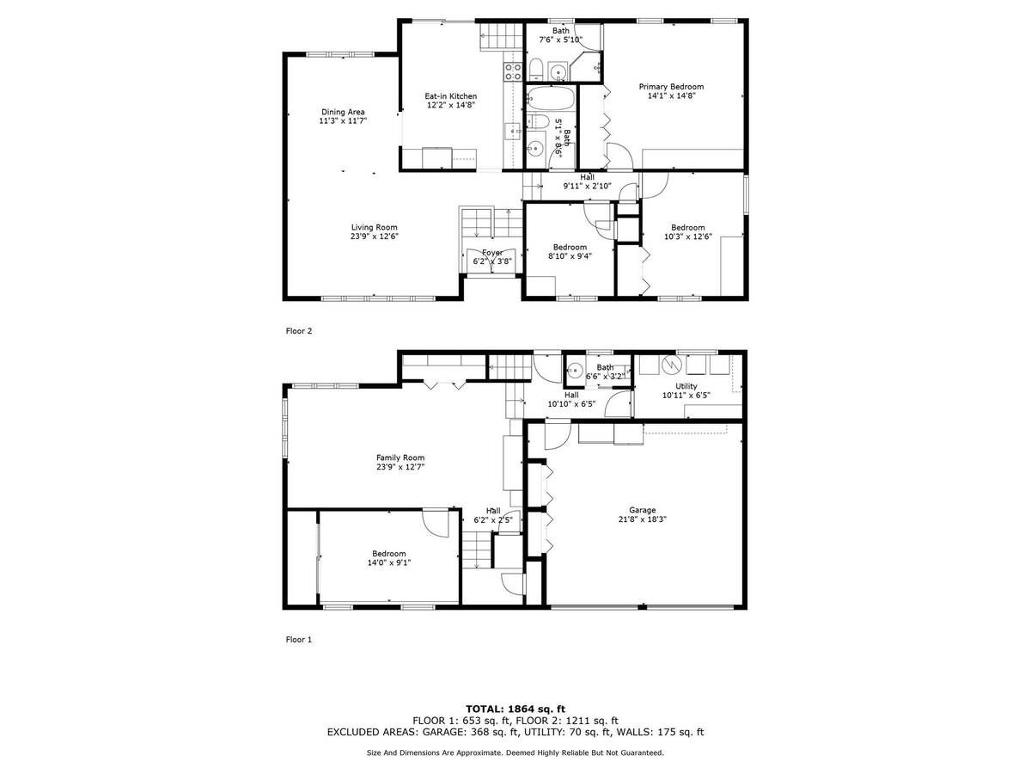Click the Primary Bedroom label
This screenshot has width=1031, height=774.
click(x=671, y=87)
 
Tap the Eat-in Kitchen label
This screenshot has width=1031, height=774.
click(x=450, y=96)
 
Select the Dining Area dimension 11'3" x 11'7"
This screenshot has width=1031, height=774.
click(x=343, y=120)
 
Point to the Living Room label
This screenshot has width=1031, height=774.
click(x=374, y=227)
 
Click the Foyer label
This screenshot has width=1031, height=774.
click(x=491, y=253)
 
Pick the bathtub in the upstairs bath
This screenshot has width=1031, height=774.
click(x=551, y=99)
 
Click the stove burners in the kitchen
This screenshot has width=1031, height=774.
click(x=512, y=71)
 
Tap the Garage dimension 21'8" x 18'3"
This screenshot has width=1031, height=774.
click(x=642, y=519)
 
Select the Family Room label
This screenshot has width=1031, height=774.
click(x=400, y=458)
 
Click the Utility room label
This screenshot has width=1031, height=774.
click(x=686, y=386)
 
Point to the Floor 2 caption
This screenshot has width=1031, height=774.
click(x=299, y=331)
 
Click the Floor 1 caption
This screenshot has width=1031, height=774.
click(x=299, y=639)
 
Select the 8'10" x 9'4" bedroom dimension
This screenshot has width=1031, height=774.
click(x=570, y=256)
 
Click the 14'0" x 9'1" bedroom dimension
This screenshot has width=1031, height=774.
click(x=389, y=562)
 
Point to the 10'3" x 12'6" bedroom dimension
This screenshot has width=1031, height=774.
click(x=687, y=236)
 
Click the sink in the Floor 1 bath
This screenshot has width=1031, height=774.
click(x=575, y=371)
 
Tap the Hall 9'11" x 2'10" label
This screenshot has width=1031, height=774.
click(x=587, y=181)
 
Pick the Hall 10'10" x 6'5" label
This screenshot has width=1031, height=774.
click(x=571, y=399)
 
